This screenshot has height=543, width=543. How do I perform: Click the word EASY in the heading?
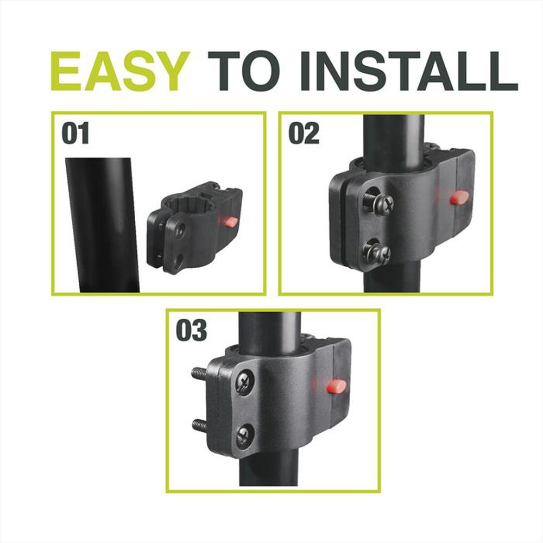click(x=120, y=71)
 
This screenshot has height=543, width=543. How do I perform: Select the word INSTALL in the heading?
click(x=409, y=71)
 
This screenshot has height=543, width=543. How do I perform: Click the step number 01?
click(x=75, y=134)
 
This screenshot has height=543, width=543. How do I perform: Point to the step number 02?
click(x=304, y=134)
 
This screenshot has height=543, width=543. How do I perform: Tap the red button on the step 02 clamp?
click(x=459, y=197)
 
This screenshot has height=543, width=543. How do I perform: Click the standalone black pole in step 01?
click(x=103, y=225)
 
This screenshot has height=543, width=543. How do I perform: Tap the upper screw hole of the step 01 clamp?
click(x=181, y=230)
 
